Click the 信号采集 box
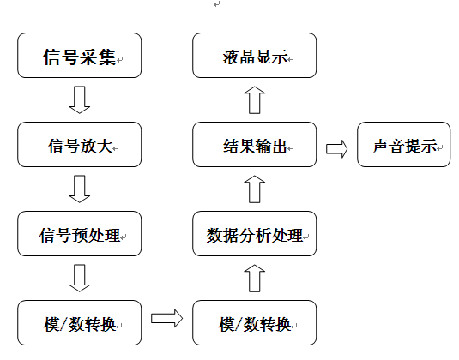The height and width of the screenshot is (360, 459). [x=79, y=55]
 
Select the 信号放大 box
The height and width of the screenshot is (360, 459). [x=79, y=145]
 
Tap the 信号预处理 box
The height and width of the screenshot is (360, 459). [x=79, y=234]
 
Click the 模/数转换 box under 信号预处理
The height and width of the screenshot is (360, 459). [x=79, y=323]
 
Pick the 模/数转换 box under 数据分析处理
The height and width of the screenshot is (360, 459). [x=255, y=323]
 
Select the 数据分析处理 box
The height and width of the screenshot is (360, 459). [x=255, y=234]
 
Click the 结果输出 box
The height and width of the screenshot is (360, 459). [x=255, y=145]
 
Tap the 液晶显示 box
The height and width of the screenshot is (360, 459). [x=255, y=55]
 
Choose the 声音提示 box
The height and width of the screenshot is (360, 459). [x=404, y=145]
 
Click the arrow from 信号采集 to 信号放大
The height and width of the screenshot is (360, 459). [x=79, y=99]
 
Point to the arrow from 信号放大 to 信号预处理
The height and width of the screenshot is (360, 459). [x=79, y=189]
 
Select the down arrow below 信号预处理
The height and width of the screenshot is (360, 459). [x=79, y=278]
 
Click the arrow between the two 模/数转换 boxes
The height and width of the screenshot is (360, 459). [x=166, y=318]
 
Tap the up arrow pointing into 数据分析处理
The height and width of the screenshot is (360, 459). [x=255, y=278]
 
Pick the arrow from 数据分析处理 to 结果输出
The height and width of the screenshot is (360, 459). [x=255, y=189]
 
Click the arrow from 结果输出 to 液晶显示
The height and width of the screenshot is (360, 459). [x=255, y=99]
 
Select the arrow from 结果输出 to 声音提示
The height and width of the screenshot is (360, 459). [x=336, y=149]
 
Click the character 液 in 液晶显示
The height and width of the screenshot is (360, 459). [x=231, y=57]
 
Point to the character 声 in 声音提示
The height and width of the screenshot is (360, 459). [x=381, y=147]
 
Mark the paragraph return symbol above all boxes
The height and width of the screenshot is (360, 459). [x=216, y=4]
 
